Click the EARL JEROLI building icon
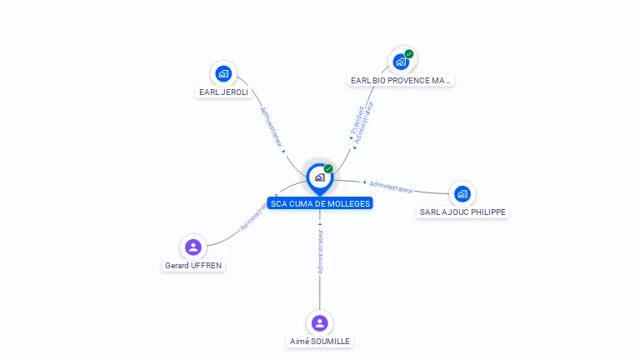tap(223, 74)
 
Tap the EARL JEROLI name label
tap(223, 92)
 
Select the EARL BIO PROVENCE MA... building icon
tap(401, 62)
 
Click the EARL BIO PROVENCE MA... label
tap(400, 80)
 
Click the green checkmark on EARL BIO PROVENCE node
tap(409, 54)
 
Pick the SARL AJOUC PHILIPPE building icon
tap(462, 194)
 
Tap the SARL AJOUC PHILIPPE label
tap(462, 212)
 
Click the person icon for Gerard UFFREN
tap(193, 247)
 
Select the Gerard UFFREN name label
tap(193, 265)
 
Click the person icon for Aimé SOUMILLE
tap(320, 322)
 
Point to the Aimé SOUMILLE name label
tap(320, 341)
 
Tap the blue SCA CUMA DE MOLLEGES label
tap(320, 203)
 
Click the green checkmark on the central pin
tap(328, 168)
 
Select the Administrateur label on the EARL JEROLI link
tap(271, 127)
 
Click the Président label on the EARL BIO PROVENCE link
tap(357, 120)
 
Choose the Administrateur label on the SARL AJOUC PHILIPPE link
tap(391, 187)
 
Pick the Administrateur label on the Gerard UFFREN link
tap(255, 215)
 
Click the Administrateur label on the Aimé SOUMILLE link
tap(320, 251)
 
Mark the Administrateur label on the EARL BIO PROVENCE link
tap(363, 122)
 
